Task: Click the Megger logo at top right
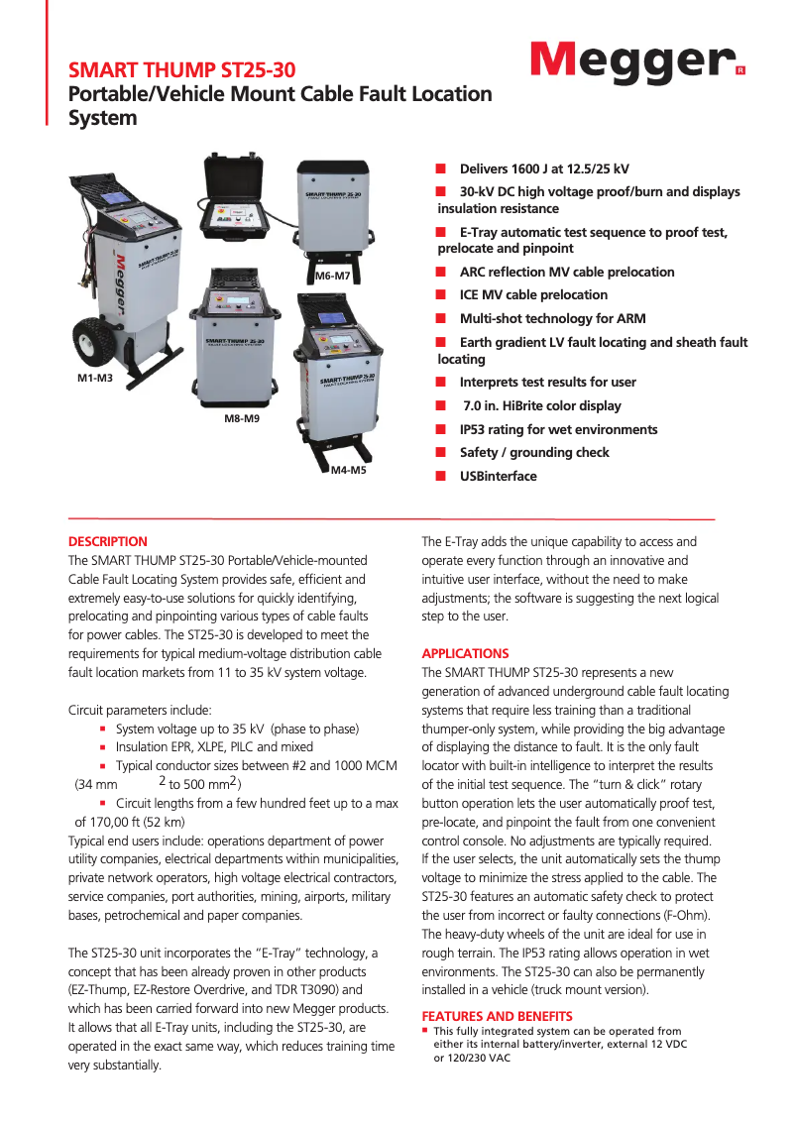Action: click(636, 61)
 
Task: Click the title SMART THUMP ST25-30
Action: click(181, 69)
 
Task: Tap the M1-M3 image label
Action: click(95, 379)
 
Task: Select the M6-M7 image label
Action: click(332, 276)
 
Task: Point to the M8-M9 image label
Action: click(241, 419)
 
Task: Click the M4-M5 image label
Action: click(348, 470)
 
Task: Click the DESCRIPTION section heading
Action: click(107, 541)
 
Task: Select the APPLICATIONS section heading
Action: click(465, 653)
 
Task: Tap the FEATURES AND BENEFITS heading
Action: click(497, 1016)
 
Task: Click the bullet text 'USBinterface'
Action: click(498, 476)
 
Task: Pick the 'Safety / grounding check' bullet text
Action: click(534, 452)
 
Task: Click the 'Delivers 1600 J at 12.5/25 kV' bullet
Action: click(544, 169)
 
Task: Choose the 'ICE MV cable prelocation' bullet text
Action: click(533, 294)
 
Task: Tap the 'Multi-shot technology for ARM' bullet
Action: click(552, 318)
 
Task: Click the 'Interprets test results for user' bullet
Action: click(547, 382)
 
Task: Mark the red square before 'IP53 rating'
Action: click(441, 429)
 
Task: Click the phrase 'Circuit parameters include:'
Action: click(139, 710)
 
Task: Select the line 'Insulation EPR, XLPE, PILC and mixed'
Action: click(214, 746)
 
